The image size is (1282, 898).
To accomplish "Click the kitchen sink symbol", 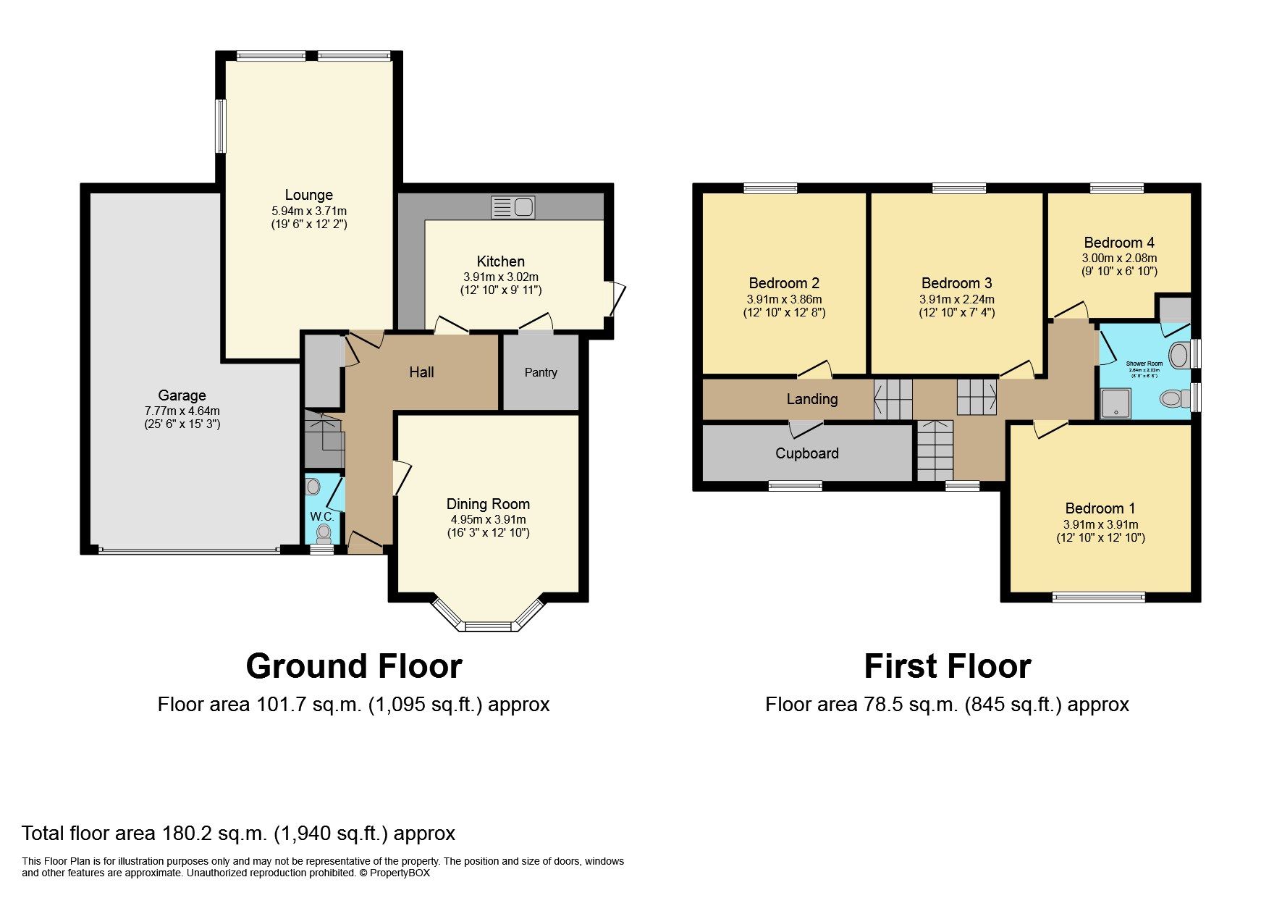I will click(513, 208).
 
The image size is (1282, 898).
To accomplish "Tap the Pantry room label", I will click(541, 372).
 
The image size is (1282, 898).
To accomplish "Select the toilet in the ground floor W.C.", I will click(324, 534).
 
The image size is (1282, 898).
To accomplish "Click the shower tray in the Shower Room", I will click(1116, 403).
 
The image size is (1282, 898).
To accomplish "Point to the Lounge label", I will click(309, 195).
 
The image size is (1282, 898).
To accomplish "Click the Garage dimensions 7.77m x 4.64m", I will click(182, 411).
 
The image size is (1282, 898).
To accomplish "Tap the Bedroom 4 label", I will click(1118, 243).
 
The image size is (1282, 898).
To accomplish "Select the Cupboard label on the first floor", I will click(806, 453).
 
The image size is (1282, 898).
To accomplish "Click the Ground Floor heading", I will click(354, 666).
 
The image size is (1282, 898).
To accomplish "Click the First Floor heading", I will click(947, 666).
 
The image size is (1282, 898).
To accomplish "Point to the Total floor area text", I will click(238, 833).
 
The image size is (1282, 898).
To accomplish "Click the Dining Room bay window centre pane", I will click(488, 626).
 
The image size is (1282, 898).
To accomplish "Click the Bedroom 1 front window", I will click(1098, 597).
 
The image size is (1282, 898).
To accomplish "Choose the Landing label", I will click(811, 399).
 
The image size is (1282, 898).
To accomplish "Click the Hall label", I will click(421, 372).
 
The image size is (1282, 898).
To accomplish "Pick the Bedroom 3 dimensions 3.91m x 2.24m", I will click(956, 299).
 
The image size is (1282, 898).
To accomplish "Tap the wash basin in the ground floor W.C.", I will click(313, 486).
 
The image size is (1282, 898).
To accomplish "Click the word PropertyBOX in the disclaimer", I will click(400, 873).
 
